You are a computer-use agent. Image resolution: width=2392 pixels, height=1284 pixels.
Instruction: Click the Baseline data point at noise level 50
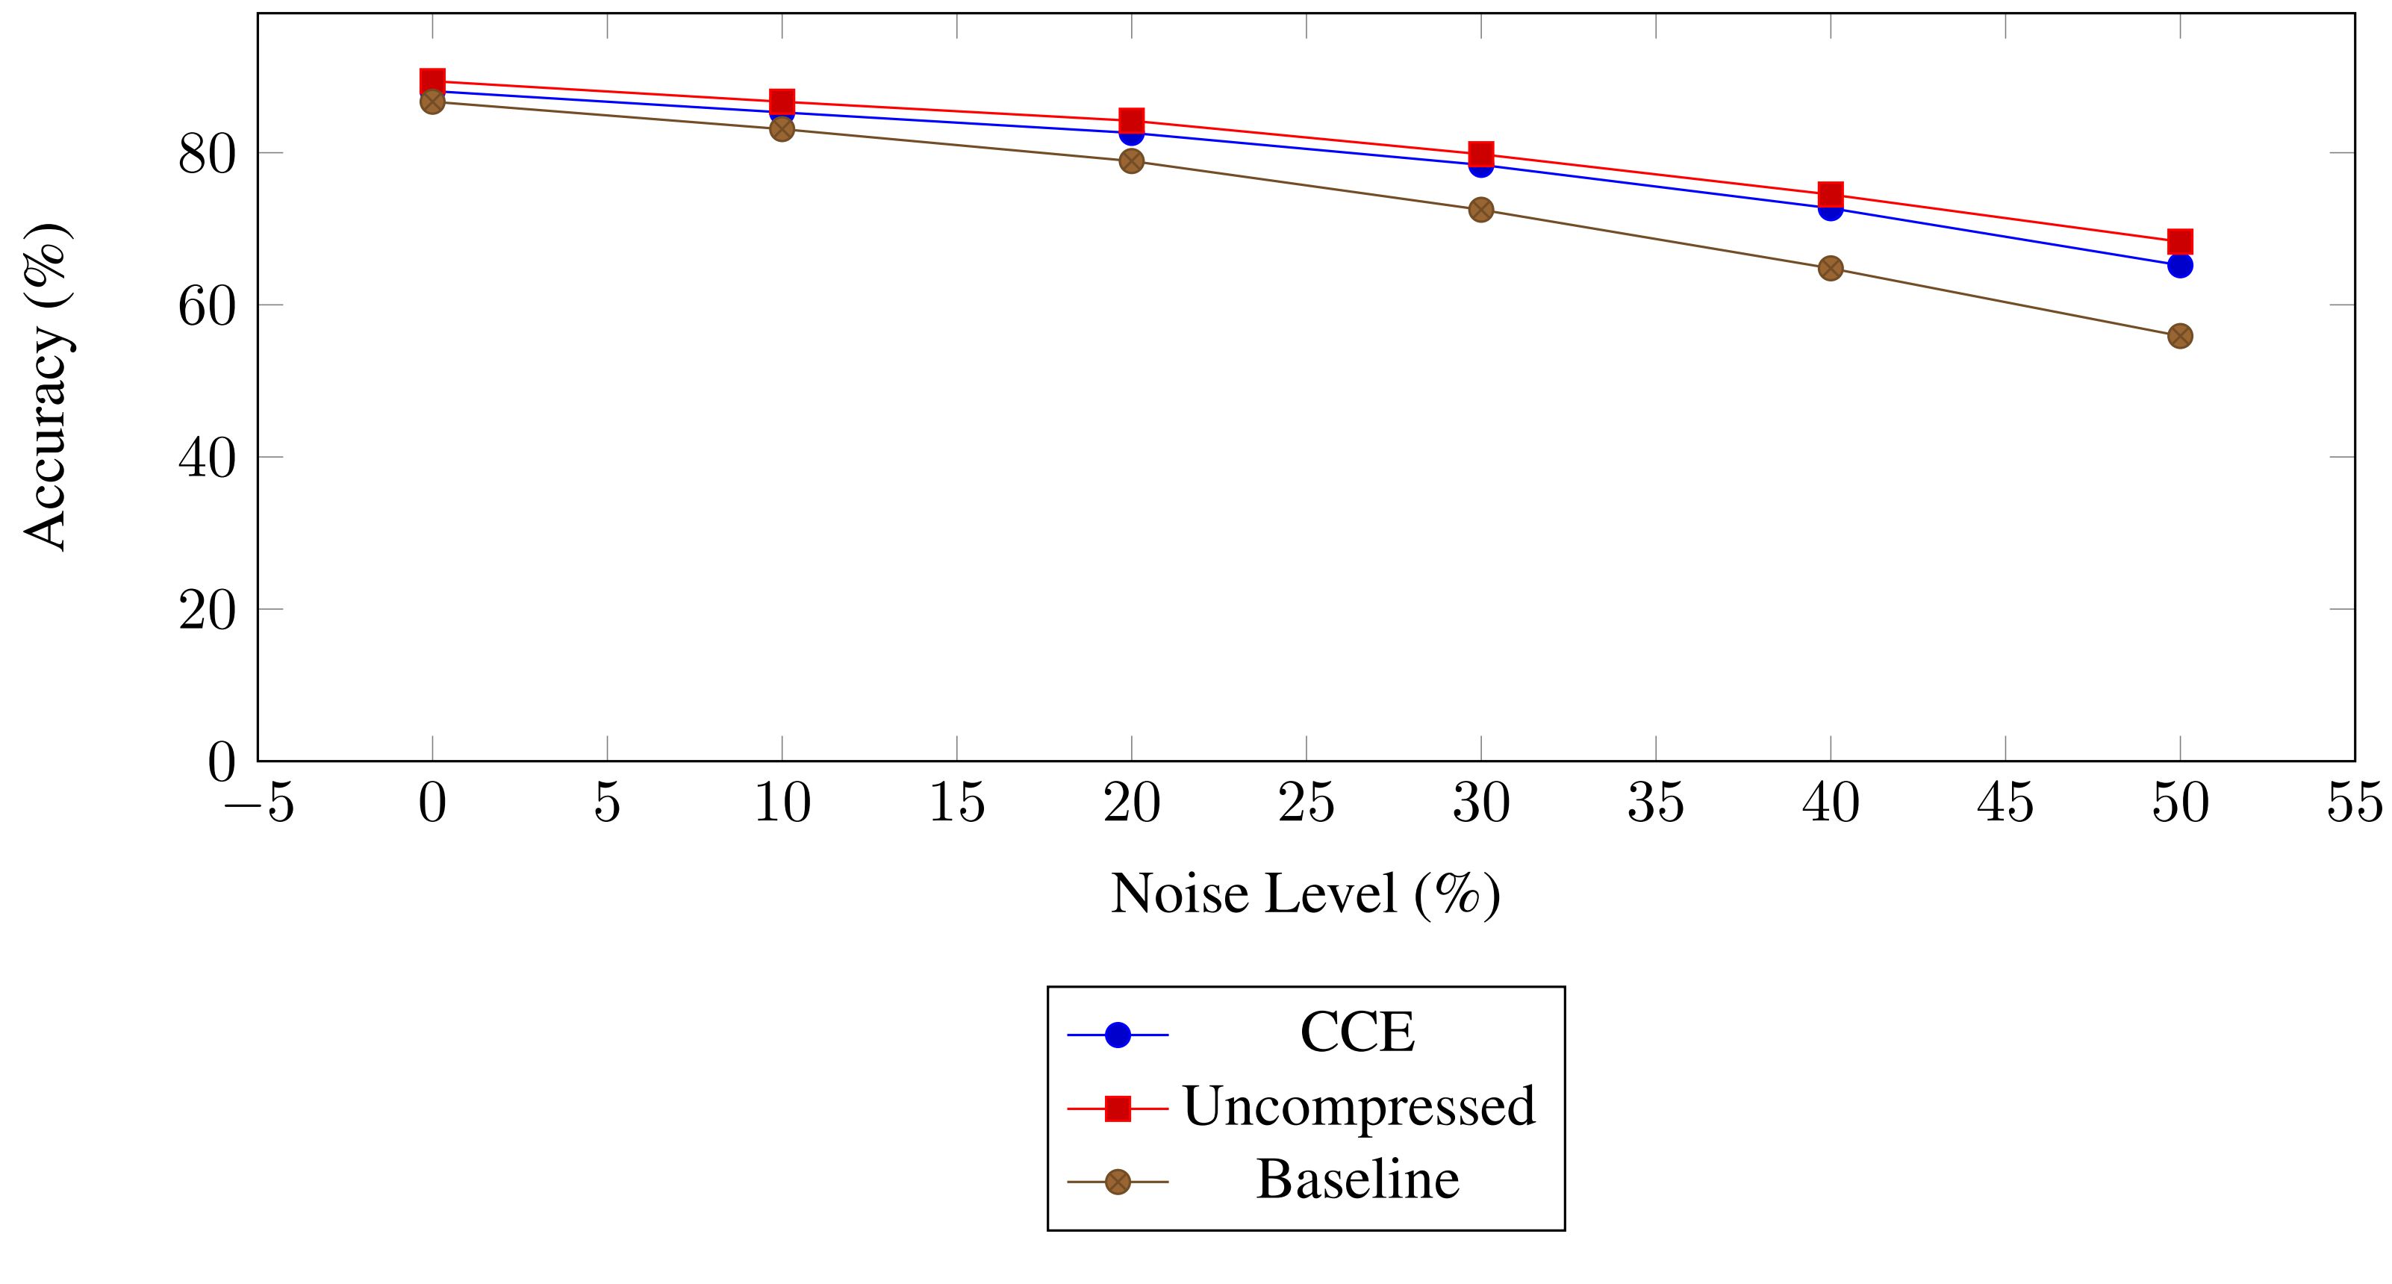[2179, 336]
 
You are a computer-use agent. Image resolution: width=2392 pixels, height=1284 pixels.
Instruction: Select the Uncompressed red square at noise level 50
[2179, 241]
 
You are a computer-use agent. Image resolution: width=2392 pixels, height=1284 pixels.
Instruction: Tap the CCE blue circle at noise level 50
[2179, 267]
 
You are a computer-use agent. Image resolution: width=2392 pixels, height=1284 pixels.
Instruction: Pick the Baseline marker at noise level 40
[1831, 268]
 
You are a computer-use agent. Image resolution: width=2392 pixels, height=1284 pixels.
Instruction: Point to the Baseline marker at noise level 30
[1481, 210]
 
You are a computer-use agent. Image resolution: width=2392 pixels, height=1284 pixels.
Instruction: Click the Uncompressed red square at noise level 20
[1131, 121]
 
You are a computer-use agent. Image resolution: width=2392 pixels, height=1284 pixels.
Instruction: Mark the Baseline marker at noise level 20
[1131, 161]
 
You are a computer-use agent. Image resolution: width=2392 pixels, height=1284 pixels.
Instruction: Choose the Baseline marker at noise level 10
[782, 128]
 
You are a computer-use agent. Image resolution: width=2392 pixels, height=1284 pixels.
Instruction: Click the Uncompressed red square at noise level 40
[1831, 194]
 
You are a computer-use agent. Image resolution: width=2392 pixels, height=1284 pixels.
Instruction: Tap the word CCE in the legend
[1357, 1032]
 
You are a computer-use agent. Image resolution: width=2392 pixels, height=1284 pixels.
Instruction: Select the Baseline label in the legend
[1357, 1180]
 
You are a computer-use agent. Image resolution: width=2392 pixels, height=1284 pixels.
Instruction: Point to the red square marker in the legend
[1118, 1108]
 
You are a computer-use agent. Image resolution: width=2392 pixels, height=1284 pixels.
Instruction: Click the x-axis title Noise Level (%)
[1305, 894]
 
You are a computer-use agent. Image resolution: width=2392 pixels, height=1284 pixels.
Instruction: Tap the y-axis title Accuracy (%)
[46, 387]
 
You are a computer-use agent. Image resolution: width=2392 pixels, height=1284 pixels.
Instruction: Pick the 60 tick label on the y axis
[207, 306]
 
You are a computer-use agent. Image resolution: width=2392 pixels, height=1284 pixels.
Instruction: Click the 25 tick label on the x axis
[1306, 803]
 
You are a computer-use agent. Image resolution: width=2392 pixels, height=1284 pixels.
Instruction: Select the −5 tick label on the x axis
[259, 803]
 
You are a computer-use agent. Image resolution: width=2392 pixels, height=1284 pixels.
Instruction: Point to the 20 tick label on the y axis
[207, 611]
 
